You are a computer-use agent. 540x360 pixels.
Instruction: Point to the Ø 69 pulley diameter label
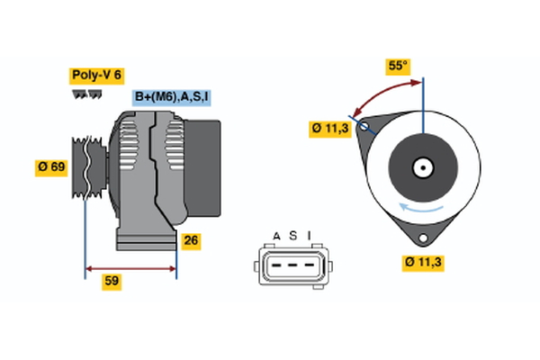click(52, 167)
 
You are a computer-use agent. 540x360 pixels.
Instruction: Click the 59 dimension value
click(112, 281)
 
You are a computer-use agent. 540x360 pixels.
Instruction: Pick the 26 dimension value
click(191, 239)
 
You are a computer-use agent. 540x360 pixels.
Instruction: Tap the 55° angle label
click(398, 66)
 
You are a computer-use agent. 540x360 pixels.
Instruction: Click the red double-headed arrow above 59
click(130, 267)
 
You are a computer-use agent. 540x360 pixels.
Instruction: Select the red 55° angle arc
click(382, 90)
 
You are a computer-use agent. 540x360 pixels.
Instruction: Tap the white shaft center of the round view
click(422, 166)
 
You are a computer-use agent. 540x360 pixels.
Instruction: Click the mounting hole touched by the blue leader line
click(364, 127)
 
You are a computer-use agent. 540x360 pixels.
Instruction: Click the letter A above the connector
click(277, 236)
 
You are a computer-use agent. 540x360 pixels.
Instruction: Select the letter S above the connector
click(292, 236)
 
